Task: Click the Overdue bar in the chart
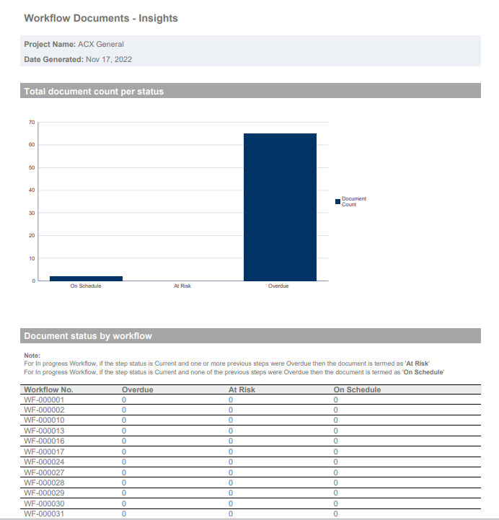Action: [x=280, y=207]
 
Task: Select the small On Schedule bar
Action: [x=87, y=278]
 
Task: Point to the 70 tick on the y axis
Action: [x=32, y=123]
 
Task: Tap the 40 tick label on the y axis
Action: [x=32, y=190]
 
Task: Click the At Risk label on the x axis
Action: [x=182, y=286]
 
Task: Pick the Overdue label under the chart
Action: [x=278, y=286]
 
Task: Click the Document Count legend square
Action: [x=338, y=202]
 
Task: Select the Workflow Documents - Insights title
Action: [x=101, y=18]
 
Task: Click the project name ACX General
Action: [x=101, y=45]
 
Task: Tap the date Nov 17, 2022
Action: [x=109, y=60]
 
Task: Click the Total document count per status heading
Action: [x=94, y=92]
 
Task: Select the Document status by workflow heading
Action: [x=88, y=336]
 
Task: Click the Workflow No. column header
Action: [x=48, y=389]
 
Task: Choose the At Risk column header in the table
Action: [x=242, y=389]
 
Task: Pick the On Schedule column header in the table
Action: [x=357, y=389]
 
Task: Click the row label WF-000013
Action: [x=44, y=431]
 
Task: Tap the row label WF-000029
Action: [x=44, y=493]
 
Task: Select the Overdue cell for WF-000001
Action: [x=124, y=400]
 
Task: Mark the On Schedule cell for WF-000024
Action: [x=336, y=462]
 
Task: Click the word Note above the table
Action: [x=32, y=356]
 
